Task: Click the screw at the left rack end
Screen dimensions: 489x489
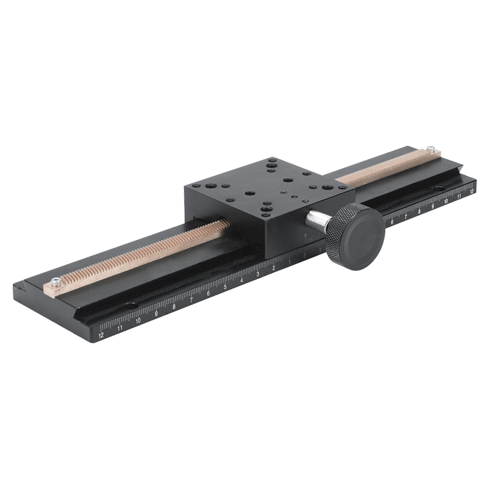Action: click(x=56, y=282)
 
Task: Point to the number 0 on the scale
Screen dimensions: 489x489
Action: click(x=305, y=256)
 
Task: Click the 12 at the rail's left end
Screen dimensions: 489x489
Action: click(x=101, y=334)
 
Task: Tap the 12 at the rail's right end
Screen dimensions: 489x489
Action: click(x=471, y=191)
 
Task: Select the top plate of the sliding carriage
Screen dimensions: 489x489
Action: click(x=269, y=186)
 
